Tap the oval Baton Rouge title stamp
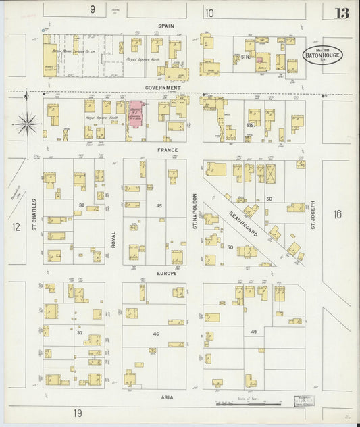point(321,55)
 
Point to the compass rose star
point(26,122)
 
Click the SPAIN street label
point(166,26)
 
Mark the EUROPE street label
point(166,274)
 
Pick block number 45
point(159,205)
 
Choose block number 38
point(81,205)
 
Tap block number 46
point(156,334)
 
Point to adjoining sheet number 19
point(78,413)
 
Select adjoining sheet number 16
point(337,215)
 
